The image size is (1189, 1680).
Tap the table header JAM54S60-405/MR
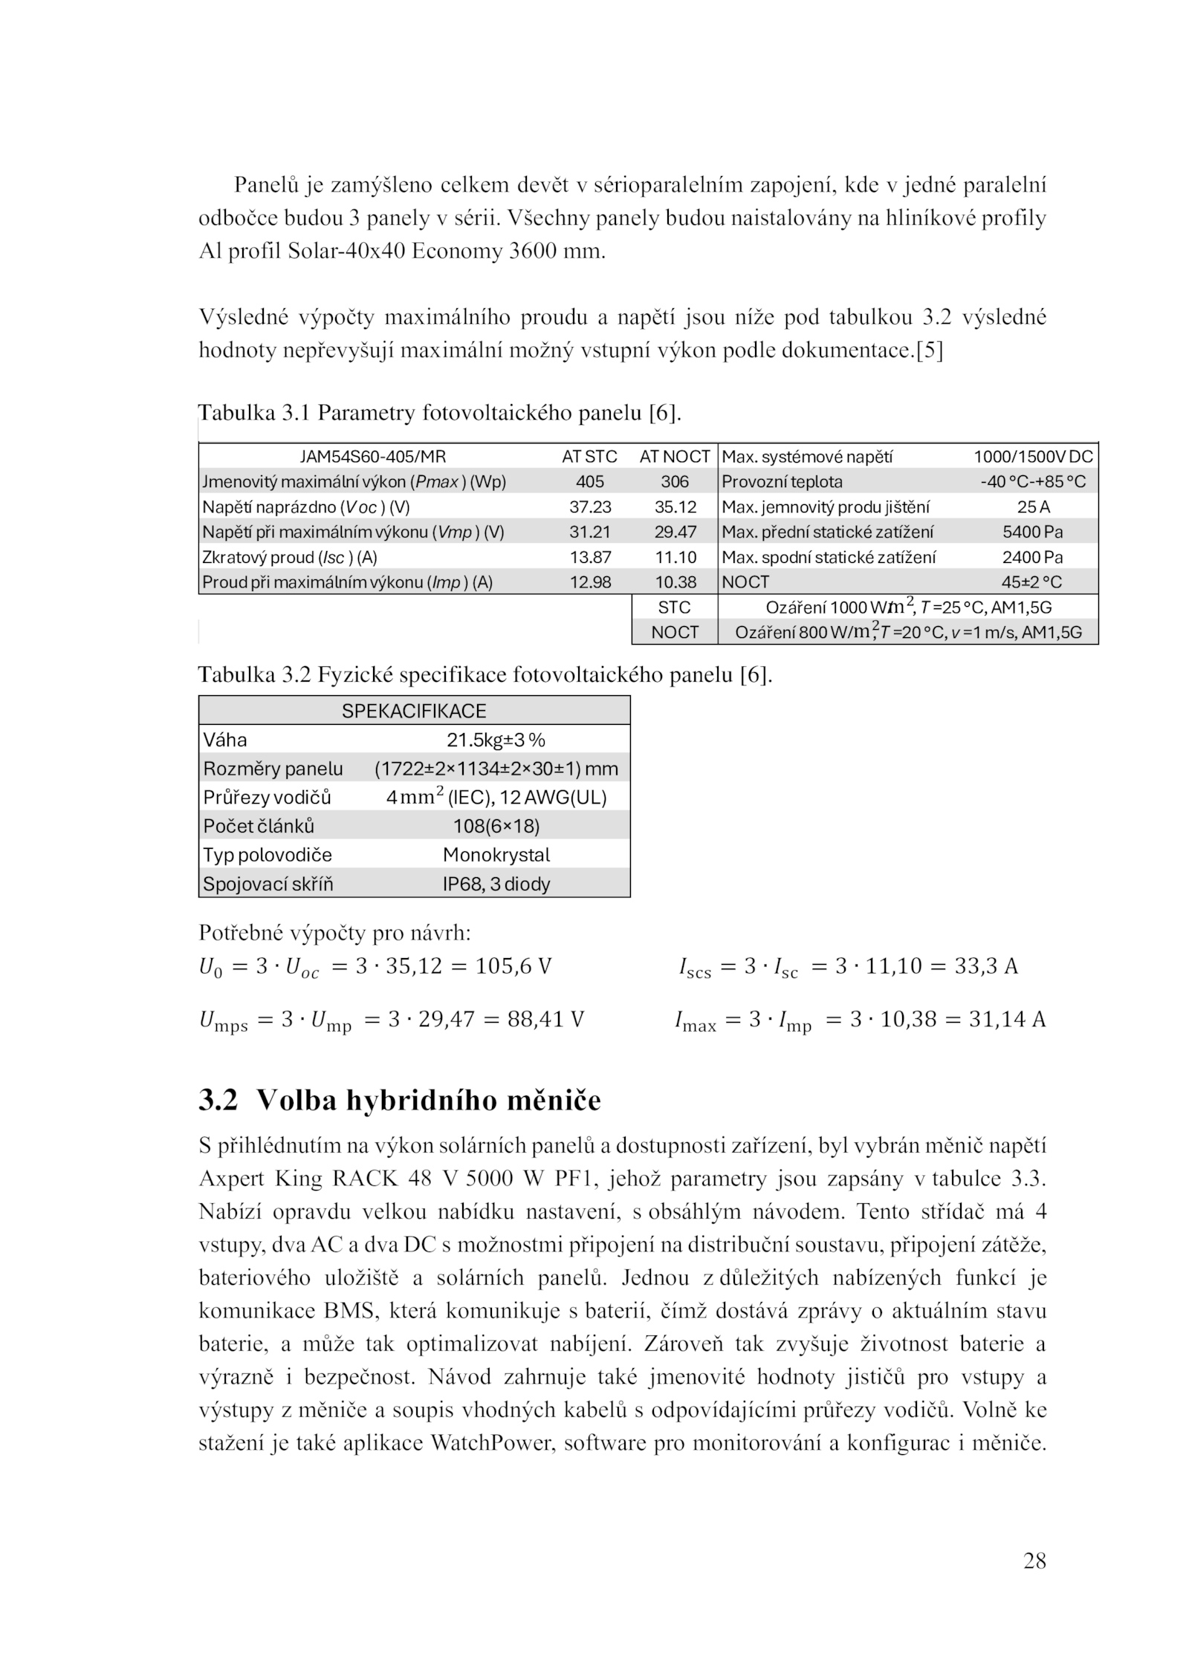(372, 457)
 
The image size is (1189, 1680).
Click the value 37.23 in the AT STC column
(590, 507)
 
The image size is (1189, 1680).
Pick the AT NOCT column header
(674, 457)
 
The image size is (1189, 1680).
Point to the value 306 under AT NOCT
(674, 482)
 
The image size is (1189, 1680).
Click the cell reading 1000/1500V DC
(1033, 457)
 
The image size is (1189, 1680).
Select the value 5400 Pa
(1033, 533)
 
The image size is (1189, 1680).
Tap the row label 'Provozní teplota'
(782, 482)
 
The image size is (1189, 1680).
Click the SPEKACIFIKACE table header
(414, 712)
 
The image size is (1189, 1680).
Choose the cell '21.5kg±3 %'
(496, 740)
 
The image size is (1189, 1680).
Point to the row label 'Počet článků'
(259, 827)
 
